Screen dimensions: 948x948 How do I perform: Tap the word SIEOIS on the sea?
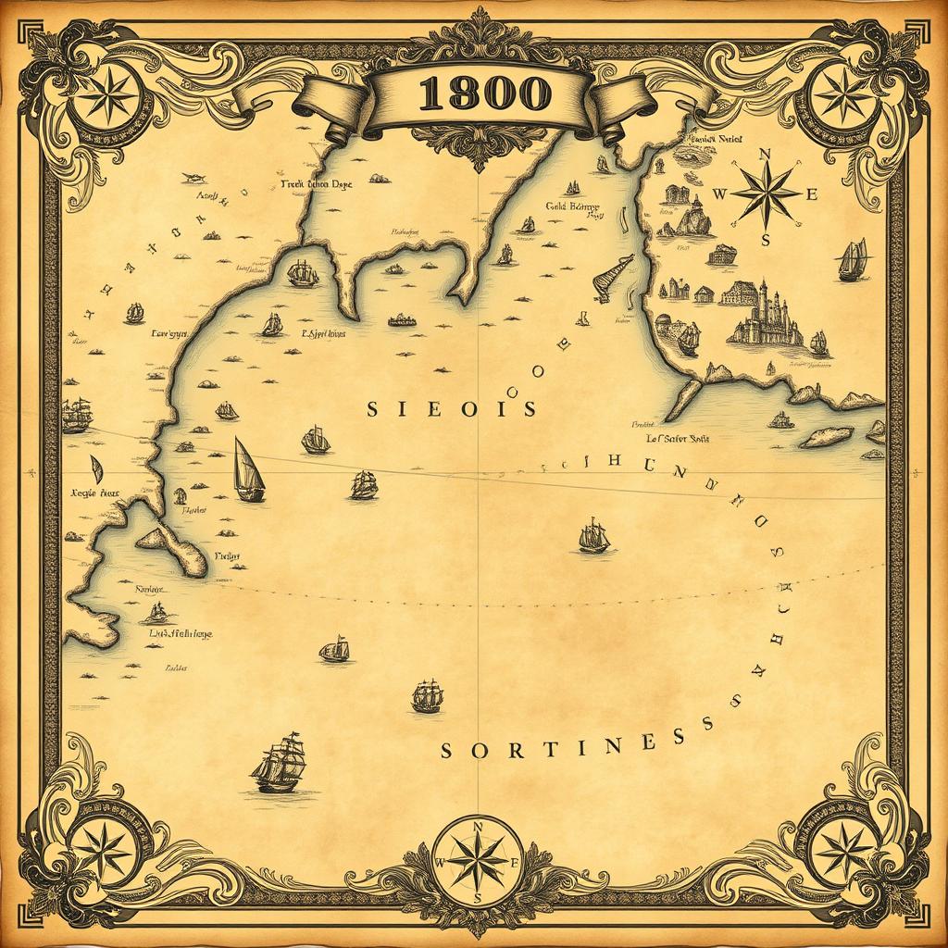point(451,408)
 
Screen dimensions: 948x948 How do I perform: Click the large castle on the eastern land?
point(765,315)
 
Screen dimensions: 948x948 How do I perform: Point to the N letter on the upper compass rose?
point(765,155)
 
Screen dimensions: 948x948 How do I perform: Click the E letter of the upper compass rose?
point(813,194)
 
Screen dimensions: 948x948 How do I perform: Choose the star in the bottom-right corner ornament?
point(844,848)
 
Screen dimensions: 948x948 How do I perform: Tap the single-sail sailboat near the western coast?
point(248,469)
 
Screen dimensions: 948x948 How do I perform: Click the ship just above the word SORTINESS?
point(427,696)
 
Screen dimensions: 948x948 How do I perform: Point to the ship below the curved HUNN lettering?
point(593,536)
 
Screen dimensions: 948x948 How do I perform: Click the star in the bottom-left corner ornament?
point(103,848)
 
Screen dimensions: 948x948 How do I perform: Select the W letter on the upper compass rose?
point(721,195)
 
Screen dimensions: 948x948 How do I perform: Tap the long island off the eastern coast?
point(827,436)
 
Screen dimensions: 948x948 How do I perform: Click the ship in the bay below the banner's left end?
point(302,273)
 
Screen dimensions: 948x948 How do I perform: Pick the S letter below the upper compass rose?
point(766,240)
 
